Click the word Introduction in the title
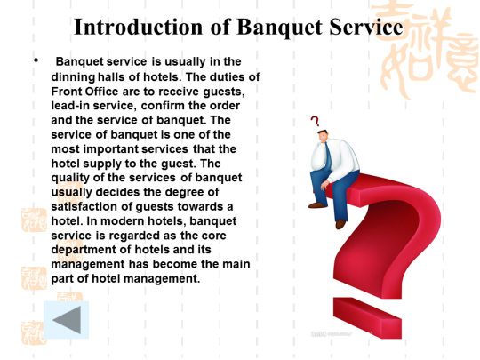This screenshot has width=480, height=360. tap(139, 27)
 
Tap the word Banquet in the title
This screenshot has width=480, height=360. tap(280, 28)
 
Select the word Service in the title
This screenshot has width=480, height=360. tap(366, 27)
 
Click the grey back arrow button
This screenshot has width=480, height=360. tap(67, 320)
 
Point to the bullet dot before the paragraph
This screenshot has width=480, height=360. tap(36, 60)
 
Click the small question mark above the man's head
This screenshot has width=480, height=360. tap(315, 121)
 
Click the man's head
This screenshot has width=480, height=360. tap(323, 136)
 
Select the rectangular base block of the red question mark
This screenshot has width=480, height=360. tap(367, 317)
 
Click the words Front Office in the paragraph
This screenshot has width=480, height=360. tap(84, 92)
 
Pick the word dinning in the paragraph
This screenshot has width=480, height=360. tap(73, 77)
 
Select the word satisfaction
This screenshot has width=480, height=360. tap(84, 206)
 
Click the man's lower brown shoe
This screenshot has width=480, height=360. tap(340, 224)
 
